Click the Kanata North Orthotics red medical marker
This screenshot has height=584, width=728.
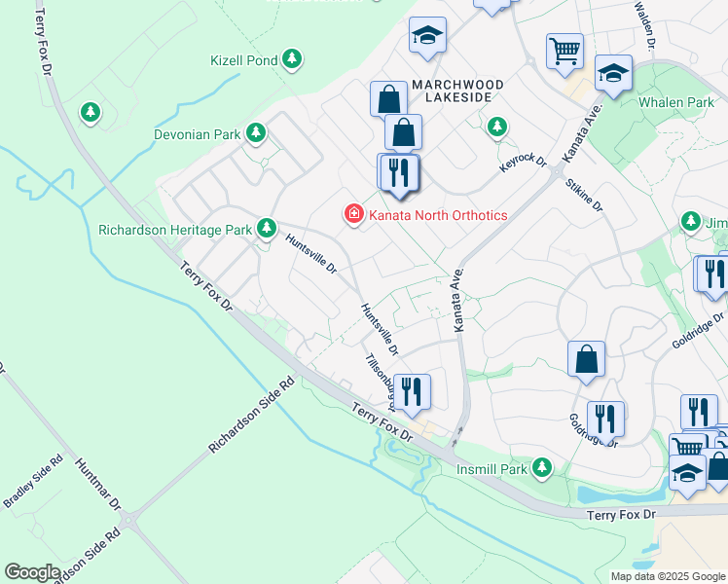[x=352, y=213]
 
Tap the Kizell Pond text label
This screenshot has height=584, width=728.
[x=244, y=60]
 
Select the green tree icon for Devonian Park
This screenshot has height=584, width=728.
[x=256, y=132]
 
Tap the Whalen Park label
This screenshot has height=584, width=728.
[x=676, y=102]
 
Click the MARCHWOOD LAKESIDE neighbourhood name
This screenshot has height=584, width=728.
[x=457, y=92]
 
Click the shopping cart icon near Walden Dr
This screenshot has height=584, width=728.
[x=564, y=49]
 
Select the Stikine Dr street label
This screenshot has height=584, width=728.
[x=584, y=195]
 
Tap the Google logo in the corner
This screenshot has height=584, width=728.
[x=32, y=572]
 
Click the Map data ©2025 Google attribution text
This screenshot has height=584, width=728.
[x=667, y=576]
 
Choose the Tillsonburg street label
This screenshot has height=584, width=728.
[x=380, y=380]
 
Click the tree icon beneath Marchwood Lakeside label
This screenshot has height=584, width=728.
[x=497, y=127]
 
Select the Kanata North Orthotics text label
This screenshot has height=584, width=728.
[x=437, y=214]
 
